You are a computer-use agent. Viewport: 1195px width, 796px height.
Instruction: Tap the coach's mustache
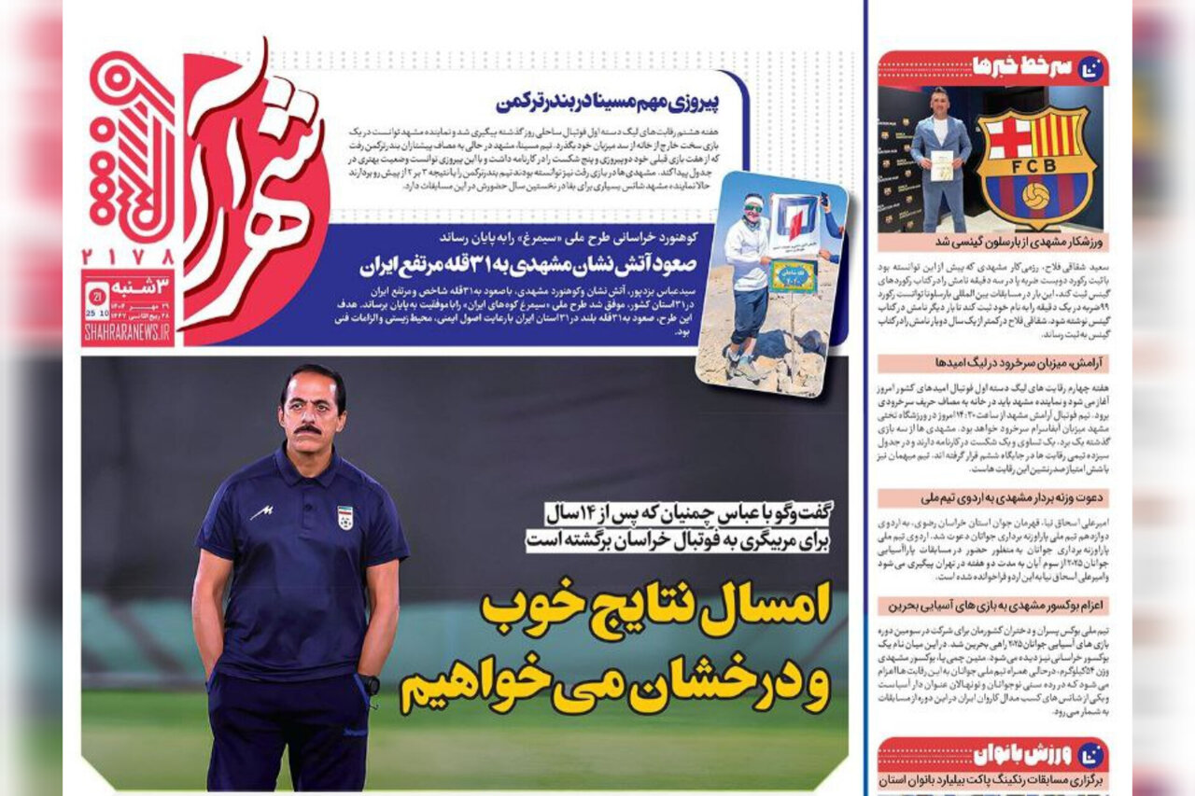(307, 429)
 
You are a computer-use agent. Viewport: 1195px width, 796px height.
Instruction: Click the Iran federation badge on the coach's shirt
(344, 517)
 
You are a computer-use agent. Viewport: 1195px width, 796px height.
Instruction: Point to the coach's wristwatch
(373, 684)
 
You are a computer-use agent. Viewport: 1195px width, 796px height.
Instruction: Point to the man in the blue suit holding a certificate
(939, 159)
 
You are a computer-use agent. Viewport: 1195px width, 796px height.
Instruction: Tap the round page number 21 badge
(96, 296)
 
